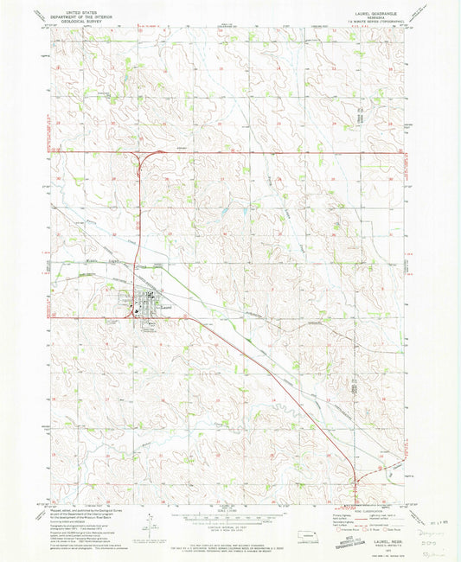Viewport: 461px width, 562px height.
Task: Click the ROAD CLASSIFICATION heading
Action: (369, 512)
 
